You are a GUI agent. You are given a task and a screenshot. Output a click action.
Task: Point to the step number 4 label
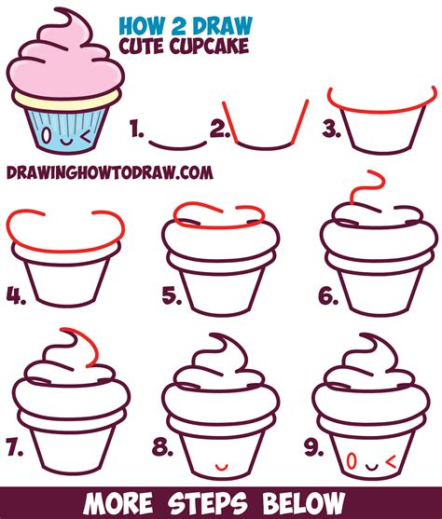pos(16,297)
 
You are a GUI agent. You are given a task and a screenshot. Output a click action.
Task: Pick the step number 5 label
pos(171,297)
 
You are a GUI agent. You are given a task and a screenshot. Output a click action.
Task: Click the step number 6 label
pos(327,297)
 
